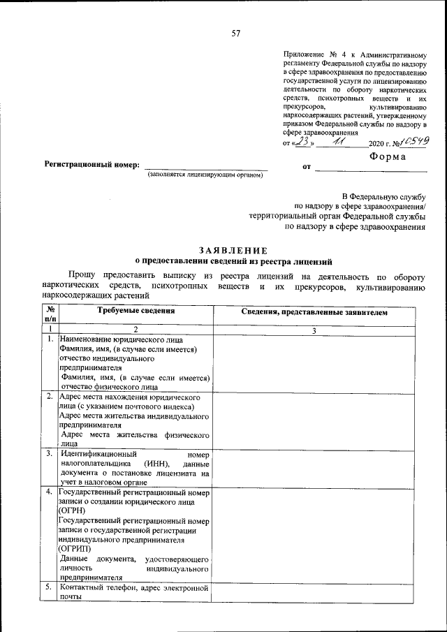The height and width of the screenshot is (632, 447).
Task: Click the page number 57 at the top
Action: pos(235,33)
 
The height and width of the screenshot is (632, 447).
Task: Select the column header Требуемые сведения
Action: pos(135,311)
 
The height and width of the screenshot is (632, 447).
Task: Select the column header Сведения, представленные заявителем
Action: pos(314,313)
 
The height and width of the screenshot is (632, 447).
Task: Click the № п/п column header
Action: pos(50,314)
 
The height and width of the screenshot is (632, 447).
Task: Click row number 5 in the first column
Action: pos(49,588)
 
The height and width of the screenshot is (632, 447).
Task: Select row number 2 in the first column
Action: pos(49,397)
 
